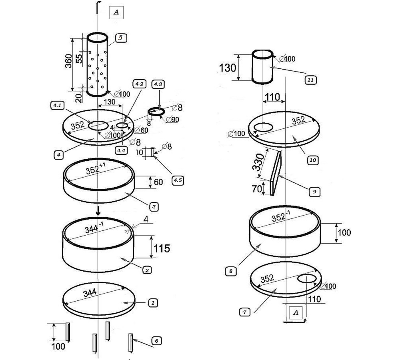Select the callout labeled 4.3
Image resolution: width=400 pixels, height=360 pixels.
tap(158, 84)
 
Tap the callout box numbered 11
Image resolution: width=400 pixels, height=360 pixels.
tap(310, 80)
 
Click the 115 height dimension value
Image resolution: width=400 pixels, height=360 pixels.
tap(162, 248)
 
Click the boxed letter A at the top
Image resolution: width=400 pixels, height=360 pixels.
tap(116, 12)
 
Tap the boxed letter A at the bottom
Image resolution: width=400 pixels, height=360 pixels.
tap(296, 312)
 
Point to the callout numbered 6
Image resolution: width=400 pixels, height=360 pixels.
tap(157, 341)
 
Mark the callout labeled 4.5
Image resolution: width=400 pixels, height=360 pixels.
tap(177, 180)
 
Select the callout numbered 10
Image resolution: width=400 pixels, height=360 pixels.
tap(313, 160)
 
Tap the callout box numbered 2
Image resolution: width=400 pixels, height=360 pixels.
tap(147, 270)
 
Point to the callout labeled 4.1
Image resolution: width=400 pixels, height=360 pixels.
tap(56, 106)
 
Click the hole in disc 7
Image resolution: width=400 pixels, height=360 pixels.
tap(307, 279)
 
